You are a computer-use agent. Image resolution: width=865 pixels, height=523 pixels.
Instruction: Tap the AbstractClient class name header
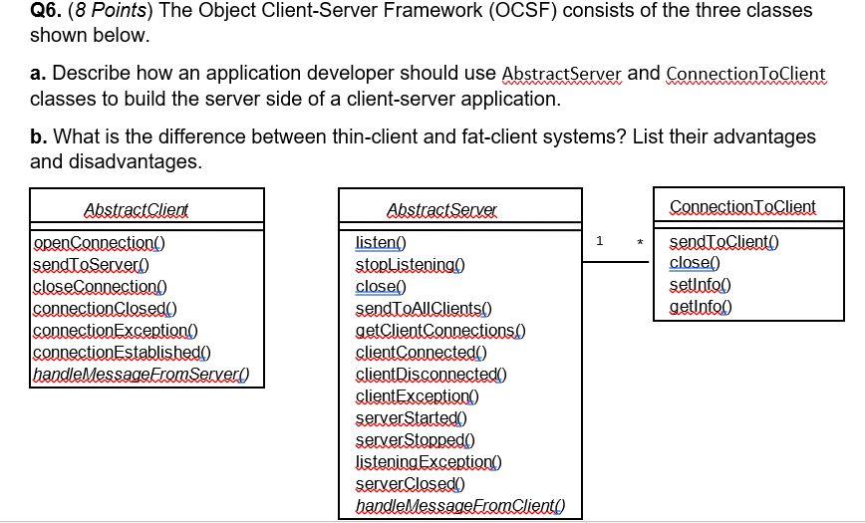(x=137, y=210)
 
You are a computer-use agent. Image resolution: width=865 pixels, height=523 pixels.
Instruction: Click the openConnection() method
(x=100, y=242)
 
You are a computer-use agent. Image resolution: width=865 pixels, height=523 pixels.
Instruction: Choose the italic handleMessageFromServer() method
(x=141, y=375)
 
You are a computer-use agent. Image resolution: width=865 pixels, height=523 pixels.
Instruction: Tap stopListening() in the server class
(x=410, y=264)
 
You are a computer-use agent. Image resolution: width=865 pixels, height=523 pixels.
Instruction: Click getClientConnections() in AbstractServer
(x=440, y=331)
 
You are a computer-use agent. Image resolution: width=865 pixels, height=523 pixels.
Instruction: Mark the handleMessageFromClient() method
(x=455, y=507)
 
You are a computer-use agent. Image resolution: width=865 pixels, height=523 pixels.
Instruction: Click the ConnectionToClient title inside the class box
(x=742, y=206)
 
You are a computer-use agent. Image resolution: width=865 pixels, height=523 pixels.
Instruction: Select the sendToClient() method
(x=723, y=242)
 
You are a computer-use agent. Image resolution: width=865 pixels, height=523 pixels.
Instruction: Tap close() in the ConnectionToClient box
(x=694, y=263)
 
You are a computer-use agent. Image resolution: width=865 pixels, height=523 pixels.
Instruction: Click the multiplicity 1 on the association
(x=600, y=241)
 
